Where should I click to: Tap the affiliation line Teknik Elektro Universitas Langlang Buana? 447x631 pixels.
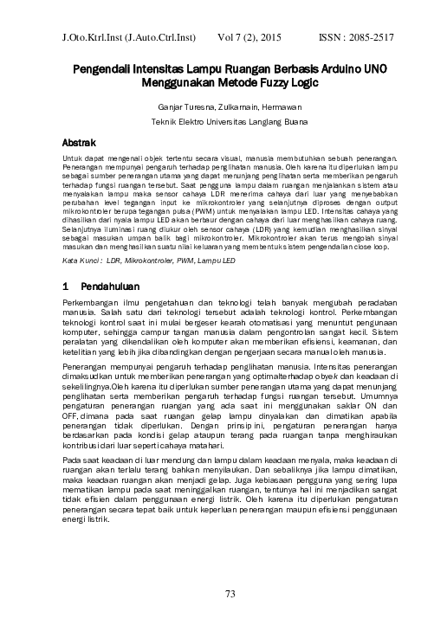pos(223,122)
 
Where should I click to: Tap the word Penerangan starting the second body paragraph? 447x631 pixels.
pos(87,367)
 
